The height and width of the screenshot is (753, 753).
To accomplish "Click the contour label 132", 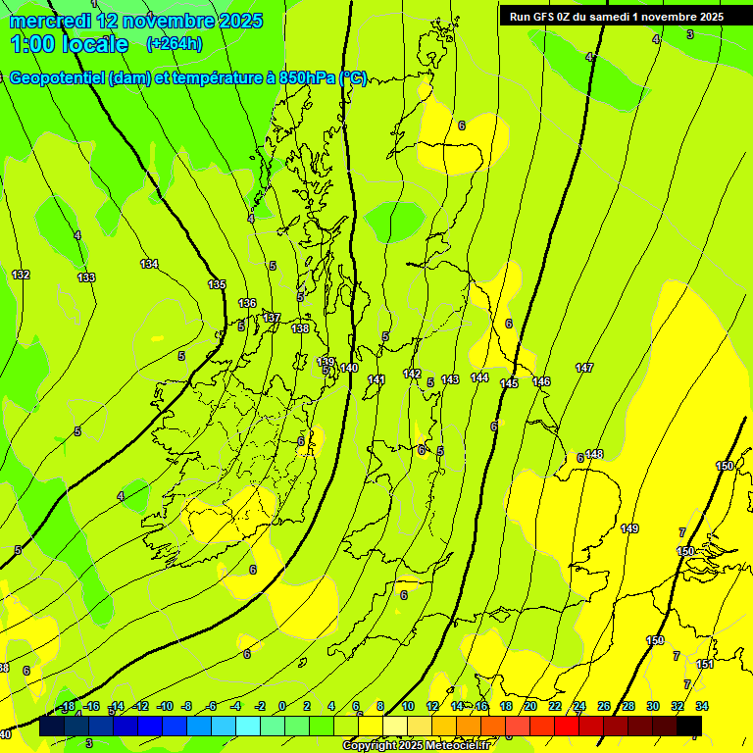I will (x=21, y=275).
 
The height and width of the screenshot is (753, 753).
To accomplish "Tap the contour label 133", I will (x=86, y=277).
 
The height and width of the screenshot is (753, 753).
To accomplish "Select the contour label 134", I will (x=149, y=264).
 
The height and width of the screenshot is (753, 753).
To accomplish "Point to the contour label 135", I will (x=217, y=284).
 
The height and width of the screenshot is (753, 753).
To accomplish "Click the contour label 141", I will (x=376, y=379).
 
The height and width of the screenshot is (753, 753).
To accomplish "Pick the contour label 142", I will (x=412, y=374).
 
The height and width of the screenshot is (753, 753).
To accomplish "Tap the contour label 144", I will (x=479, y=377).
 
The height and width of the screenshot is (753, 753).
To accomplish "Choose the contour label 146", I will (x=541, y=381).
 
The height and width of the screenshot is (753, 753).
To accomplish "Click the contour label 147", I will (x=584, y=368).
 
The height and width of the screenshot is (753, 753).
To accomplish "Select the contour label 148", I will (x=594, y=454).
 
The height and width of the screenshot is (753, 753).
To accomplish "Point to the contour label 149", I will (x=629, y=528).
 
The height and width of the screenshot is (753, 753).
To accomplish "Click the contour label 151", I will (x=704, y=664).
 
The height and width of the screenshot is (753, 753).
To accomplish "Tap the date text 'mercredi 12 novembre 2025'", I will (x=136, y=21).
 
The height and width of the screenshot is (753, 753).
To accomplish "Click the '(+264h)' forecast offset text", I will (x=175, y=43).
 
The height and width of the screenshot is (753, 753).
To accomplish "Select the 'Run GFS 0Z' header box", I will (x=617, y=17).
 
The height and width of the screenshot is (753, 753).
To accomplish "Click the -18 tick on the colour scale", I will (x=68, y=706).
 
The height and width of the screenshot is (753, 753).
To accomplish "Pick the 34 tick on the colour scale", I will (x=702, y=706).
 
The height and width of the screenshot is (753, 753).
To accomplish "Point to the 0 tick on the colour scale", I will (x=282, y=706).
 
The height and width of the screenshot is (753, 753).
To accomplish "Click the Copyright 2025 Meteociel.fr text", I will (x=416, y=745).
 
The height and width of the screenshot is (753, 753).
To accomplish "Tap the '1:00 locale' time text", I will (x=70, y=44).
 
